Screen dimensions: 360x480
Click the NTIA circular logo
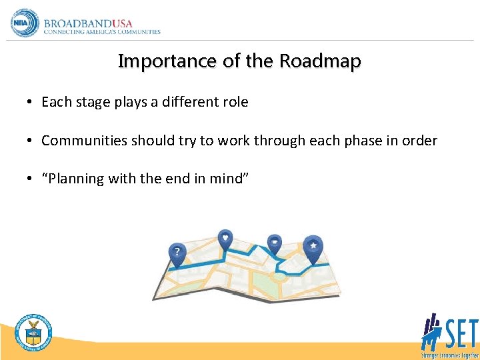[25, 23]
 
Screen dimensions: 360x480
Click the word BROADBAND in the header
[78, 22]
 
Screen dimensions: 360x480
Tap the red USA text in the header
[123, 22]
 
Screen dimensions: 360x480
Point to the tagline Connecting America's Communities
[102, 32]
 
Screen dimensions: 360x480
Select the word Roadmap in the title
[320, 61]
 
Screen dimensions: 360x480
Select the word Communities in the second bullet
[84, 141]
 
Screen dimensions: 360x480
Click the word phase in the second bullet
[371, 141]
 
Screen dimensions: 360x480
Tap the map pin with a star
[312, 246]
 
